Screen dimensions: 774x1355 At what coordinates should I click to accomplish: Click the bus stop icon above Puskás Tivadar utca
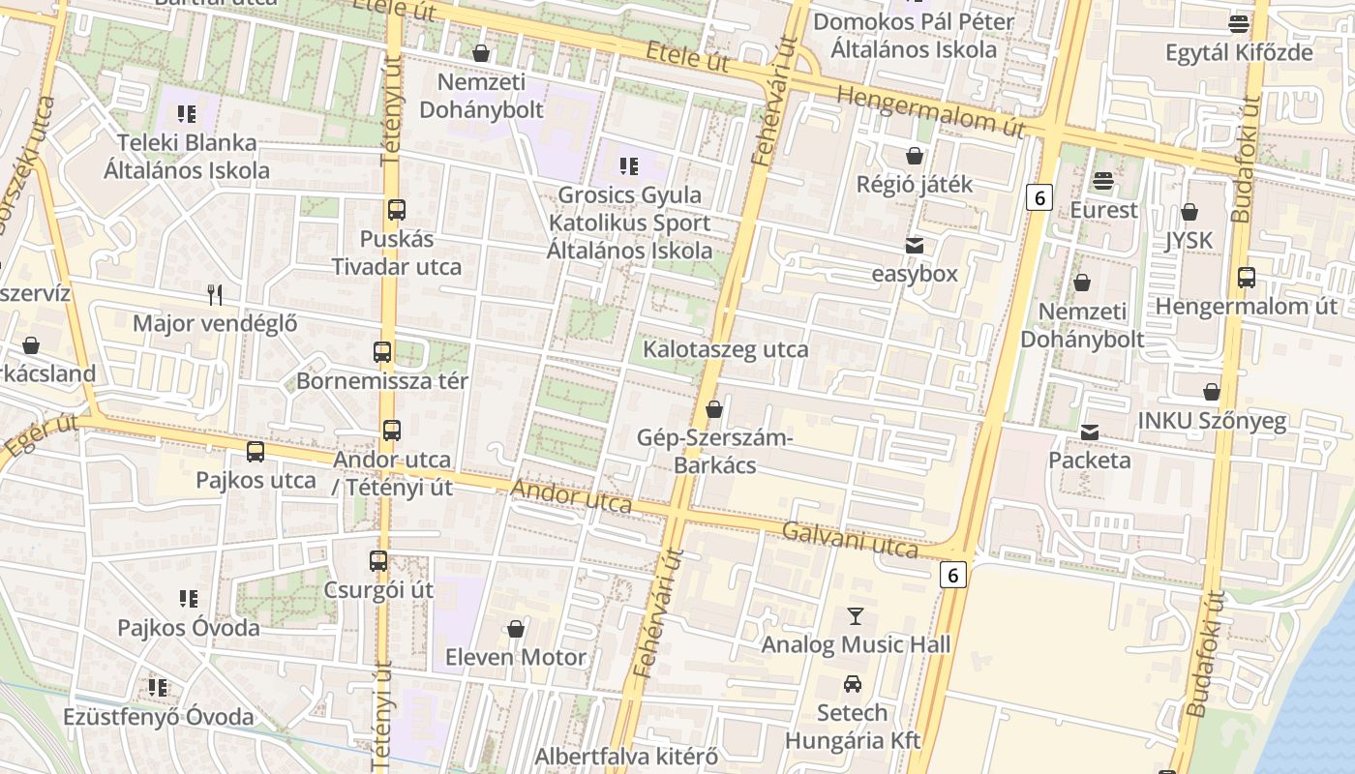pos(396,209)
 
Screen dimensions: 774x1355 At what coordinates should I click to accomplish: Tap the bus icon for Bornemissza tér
pos(382,352)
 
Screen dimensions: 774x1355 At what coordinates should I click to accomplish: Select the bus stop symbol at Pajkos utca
pos(256,452)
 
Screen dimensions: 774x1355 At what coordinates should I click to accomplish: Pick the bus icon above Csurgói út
pos(378,561)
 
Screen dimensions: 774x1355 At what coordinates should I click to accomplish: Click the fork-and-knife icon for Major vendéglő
pos(215,294)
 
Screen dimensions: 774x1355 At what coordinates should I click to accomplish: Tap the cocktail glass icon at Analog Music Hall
pos(855,615)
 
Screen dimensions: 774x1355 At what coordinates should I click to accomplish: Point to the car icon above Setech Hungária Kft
pos(853,684)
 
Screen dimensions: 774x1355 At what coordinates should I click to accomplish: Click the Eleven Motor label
pos(516,658)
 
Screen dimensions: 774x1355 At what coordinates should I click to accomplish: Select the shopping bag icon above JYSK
pos(1189,211)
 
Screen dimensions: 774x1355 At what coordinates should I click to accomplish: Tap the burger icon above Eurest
pos(1102,181)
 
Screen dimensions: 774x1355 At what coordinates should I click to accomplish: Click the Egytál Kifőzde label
pos(1239,52)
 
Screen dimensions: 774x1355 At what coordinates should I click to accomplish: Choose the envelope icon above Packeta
pos(1090,432)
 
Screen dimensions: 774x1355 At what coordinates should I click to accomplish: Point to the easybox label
pos(915,274)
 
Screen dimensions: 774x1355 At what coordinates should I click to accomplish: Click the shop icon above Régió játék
pos(915,155)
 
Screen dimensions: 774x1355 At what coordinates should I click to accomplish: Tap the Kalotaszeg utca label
pos(726,349)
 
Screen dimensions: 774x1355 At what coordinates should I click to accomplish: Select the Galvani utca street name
pos(850,540)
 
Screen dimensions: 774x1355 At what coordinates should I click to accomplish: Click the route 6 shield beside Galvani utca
pos(953,575)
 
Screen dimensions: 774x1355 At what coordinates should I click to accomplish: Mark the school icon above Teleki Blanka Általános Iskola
pos(187,114)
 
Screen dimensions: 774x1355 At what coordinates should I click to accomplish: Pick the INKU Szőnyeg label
pos(1212,421)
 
